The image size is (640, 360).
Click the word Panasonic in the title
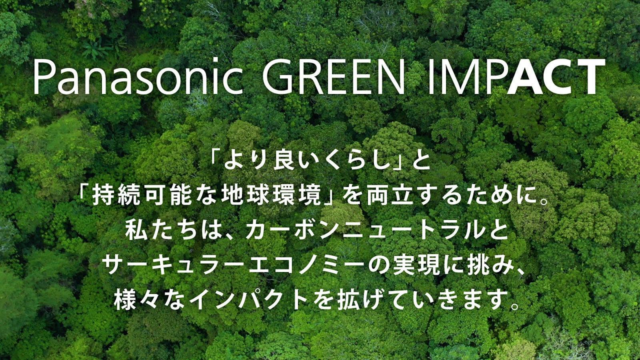(x=138, y=77)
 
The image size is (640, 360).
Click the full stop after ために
(x=543, y=200)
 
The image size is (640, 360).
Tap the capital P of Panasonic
(x=44, y=77)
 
